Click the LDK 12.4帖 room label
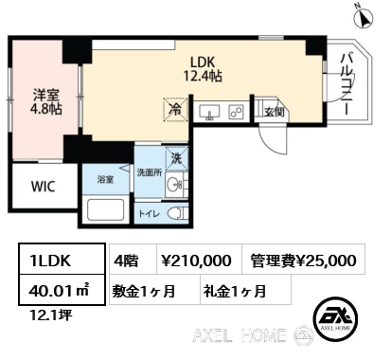[203, 69]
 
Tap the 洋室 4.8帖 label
[46, 101]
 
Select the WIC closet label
[44, 187]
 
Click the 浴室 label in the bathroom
[105, 180]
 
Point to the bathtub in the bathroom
[105, 209]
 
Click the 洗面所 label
[150, 172]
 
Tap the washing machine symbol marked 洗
[176, 159]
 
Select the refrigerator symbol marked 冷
[175, 109]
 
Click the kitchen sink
[209, 112]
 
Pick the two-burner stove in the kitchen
[237, 112]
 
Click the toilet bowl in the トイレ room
[177, 214]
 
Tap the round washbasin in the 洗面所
[173, 184]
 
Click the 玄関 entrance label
[275, 112]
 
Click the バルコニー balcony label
[347, 84]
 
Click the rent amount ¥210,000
[196, 261]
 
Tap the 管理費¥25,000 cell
[304, 259]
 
